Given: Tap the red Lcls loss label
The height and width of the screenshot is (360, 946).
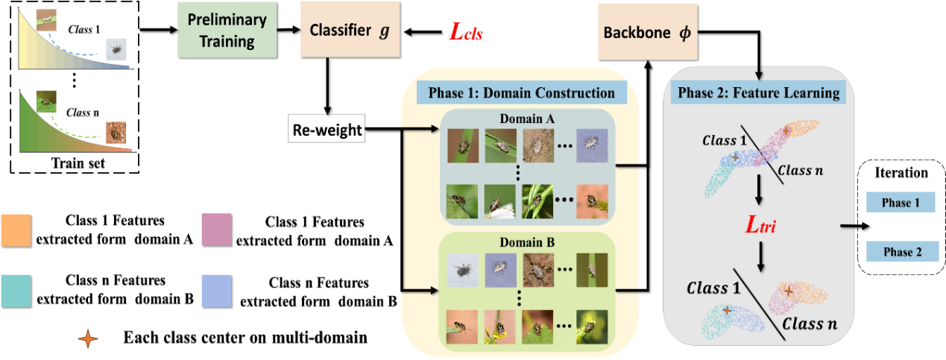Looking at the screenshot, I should [465, 31].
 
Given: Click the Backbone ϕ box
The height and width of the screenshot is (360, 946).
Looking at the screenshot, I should [647, 34].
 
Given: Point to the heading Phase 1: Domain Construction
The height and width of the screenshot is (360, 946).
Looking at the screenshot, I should [521, 93].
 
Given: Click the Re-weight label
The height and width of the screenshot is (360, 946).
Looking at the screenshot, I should [327, 130].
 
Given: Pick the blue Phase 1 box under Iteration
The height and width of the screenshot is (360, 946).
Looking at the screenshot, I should [901, 203].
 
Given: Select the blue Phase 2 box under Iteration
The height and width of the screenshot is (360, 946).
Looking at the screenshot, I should [902, 252].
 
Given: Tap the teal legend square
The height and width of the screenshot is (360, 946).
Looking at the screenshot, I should [16, 291].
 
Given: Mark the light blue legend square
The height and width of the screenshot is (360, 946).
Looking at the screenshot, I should [216, 291].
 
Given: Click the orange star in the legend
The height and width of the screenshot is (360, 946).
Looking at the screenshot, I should [88, 338].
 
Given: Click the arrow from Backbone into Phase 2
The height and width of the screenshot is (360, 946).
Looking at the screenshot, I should [758, 72].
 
